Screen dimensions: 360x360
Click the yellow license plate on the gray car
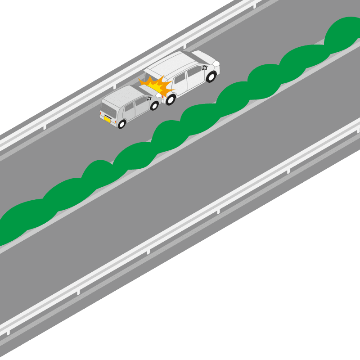pos(108,119)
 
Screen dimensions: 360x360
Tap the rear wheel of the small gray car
pos(121,123)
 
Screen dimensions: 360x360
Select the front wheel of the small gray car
pos(154,106)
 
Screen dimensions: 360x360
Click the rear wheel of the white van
pos(170,99)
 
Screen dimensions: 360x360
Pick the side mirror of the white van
pos(205,67)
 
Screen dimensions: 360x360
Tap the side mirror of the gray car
pos(148,98)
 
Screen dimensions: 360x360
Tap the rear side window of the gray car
pos(129,108)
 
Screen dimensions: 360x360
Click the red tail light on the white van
pos(162,96)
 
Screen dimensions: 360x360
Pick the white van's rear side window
pos(180,78)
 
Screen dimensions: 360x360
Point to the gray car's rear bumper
pos(108,123)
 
